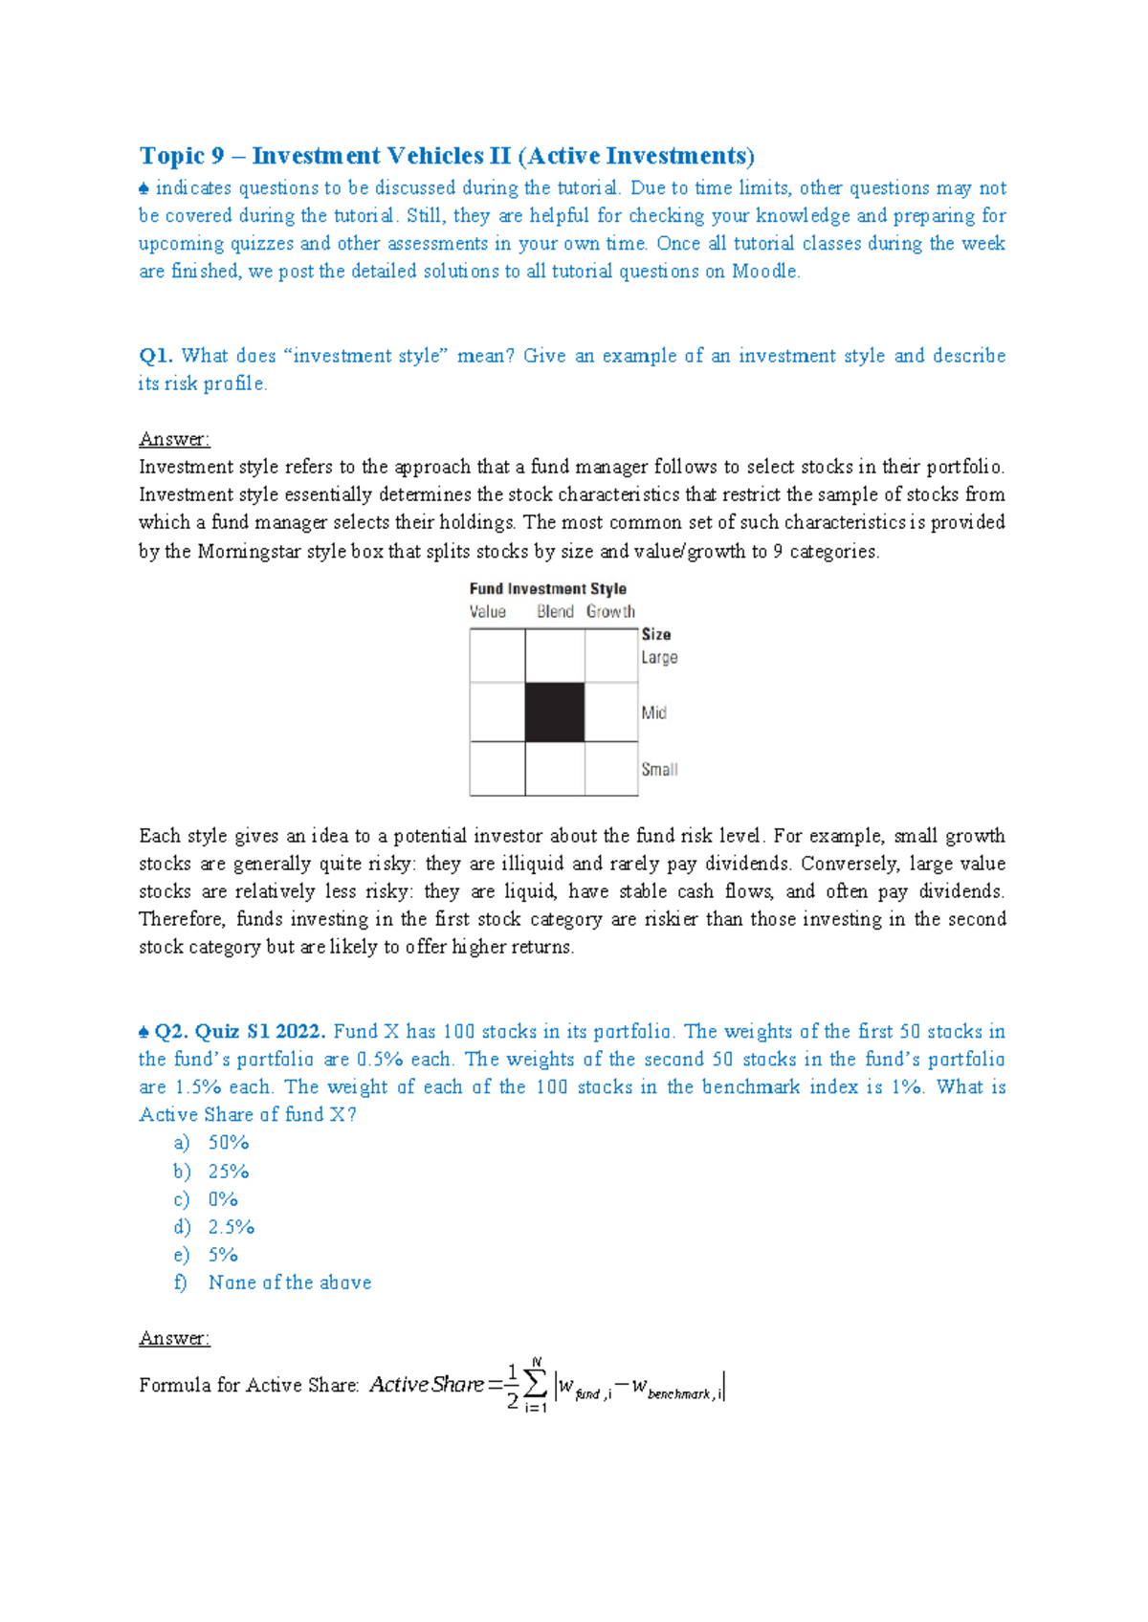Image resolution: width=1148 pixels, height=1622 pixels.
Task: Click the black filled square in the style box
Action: tap(555, 712)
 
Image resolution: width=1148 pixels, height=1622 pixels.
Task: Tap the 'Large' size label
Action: tap(659, 658)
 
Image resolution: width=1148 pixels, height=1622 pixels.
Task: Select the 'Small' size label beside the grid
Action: tap(659, 769)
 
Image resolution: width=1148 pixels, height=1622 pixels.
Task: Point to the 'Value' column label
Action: tap(488, 611)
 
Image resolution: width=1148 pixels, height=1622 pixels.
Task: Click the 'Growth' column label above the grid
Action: tap(610, 611)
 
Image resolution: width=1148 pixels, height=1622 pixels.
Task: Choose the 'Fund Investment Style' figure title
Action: tap(547, 589)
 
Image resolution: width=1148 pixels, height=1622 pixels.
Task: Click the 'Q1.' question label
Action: tap(156, 356)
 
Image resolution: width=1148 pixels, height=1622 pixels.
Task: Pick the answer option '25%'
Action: tap(229, 1172)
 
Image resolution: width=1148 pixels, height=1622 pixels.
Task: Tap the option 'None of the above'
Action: tap(290, 1282)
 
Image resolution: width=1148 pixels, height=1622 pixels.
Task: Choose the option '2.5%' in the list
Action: tap(232, 1227)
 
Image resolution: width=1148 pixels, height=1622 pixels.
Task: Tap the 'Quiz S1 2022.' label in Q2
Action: tap(260, 1032)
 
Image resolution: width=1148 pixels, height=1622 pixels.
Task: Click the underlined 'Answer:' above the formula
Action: tap(174, 1338)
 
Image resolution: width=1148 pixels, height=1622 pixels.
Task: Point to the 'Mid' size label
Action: tap(654, 712)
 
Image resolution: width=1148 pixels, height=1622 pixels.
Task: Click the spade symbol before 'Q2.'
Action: tap(143, 1033)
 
